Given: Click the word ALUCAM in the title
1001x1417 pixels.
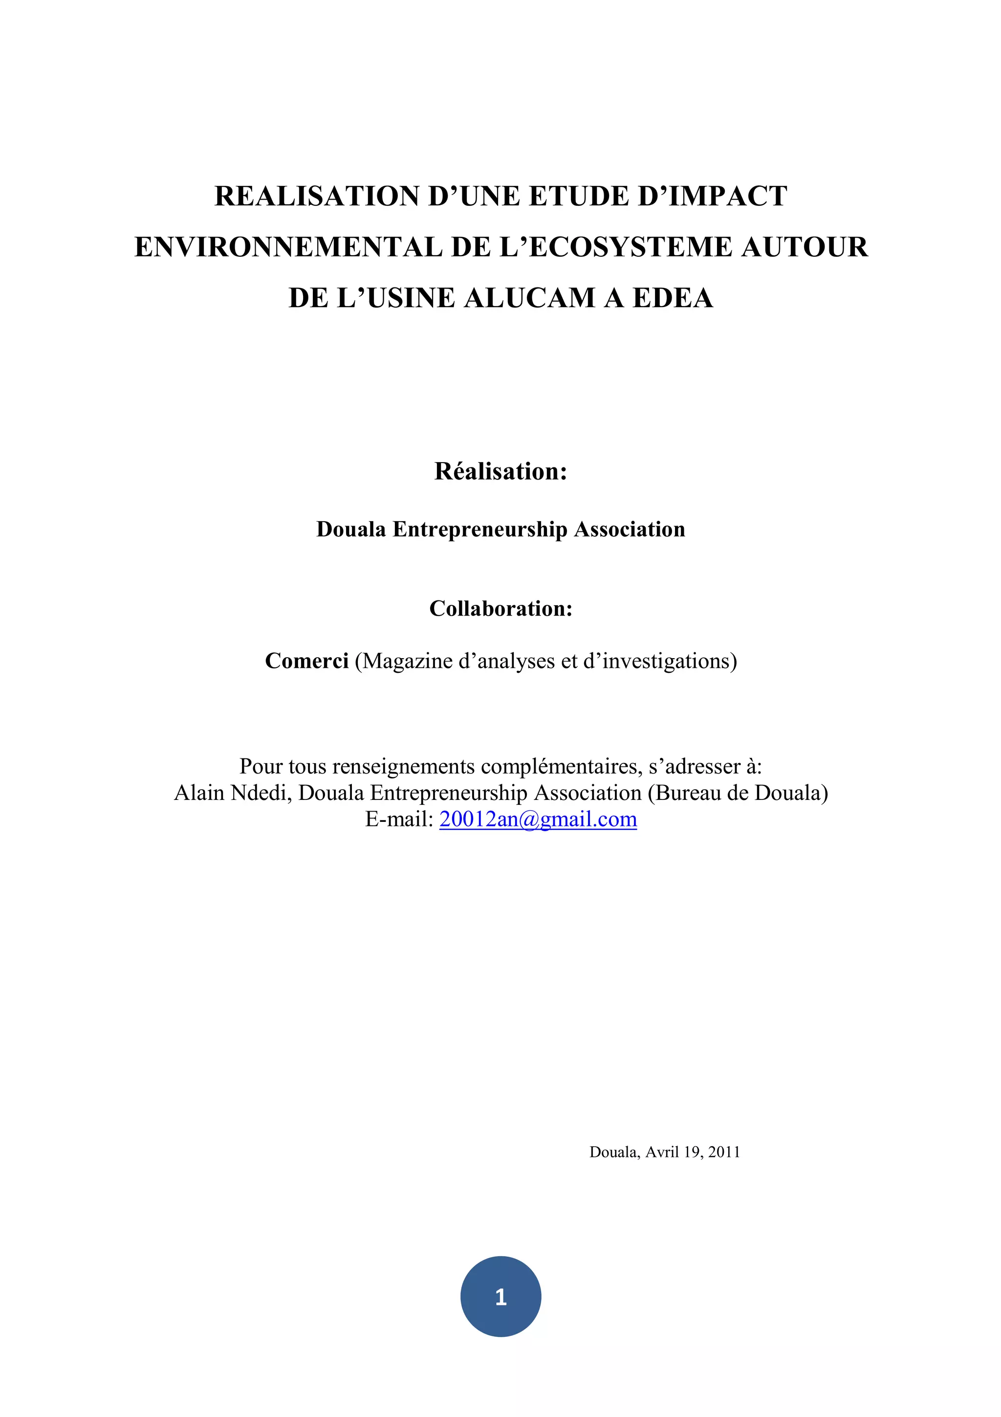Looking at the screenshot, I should coord(529,298).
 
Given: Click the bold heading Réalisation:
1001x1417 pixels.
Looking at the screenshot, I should coord(500,471).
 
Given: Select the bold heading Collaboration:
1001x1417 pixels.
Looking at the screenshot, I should coord(500,609).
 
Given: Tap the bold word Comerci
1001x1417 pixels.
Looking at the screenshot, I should coord(306,661).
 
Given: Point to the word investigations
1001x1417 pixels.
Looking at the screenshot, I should coord(666,661).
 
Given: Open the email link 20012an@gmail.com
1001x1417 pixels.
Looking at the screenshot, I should coord(538,819).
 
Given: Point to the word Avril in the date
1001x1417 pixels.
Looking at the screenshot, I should coord(662,1152).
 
